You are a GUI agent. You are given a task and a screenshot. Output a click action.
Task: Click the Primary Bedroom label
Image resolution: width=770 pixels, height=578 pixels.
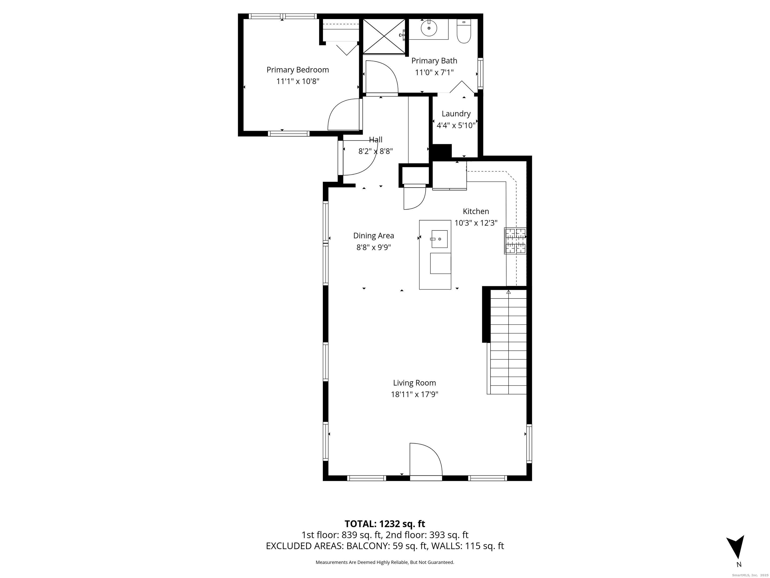click(298, 70)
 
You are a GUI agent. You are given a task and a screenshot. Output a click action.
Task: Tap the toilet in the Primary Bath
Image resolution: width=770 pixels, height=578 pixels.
click(464, 32)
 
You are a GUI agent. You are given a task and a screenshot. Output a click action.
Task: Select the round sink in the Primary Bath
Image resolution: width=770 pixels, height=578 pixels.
click(429, 28)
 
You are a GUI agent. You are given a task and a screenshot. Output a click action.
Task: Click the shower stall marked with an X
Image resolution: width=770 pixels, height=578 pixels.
click(384, 36)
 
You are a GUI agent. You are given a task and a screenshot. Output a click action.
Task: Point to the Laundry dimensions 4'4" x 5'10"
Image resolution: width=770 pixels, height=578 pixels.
click(456, 125)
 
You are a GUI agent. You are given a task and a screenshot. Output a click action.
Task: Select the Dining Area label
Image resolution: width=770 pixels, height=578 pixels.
click(373, 236)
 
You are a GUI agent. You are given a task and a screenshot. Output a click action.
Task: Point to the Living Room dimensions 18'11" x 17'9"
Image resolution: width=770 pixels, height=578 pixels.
click(414, 394)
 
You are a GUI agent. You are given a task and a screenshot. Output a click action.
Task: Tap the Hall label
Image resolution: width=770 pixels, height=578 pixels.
click(376, 140)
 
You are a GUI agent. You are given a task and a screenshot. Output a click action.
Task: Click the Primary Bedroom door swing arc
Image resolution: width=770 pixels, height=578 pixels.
click(343, 115)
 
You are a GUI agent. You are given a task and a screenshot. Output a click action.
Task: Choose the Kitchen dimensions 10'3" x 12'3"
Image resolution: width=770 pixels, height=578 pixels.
click(476, 223)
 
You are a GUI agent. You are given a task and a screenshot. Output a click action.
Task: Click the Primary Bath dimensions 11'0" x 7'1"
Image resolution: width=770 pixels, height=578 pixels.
click(434, 73)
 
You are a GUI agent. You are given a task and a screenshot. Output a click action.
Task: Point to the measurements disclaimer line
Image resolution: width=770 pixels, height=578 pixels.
click(385, 562)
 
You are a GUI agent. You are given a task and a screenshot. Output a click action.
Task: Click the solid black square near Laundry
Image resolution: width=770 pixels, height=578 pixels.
click(441, 152)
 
